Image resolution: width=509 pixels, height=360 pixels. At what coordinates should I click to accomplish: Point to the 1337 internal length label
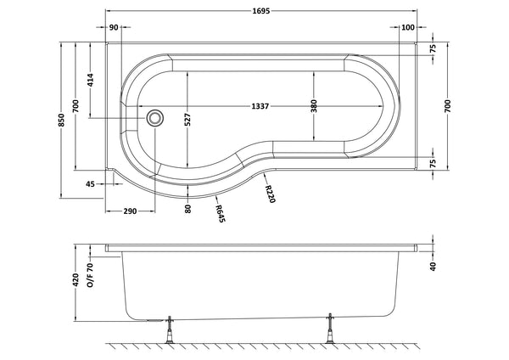260,106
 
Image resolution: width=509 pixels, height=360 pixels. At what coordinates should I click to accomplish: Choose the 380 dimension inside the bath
314,106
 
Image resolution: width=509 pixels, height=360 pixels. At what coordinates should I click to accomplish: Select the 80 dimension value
187,205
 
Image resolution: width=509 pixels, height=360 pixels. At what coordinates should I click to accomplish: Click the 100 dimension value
408,28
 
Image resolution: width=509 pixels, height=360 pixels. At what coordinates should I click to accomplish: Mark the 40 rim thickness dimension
433,267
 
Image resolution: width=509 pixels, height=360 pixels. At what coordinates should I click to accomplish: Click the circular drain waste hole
155,118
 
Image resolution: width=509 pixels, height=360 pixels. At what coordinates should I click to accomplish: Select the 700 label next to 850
76,106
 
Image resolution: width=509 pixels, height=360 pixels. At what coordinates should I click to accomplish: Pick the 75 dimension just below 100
432,50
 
